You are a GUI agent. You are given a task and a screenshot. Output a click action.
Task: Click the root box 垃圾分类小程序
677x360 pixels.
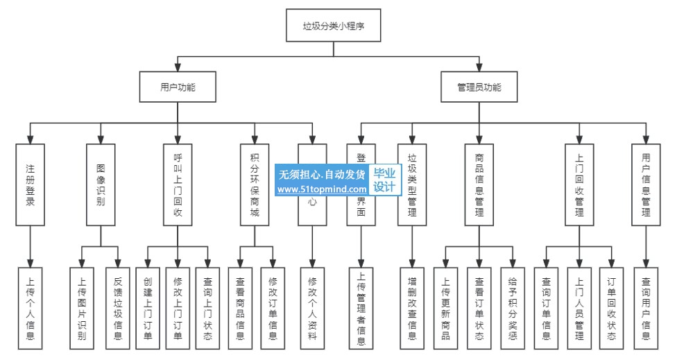pyautogui.click(x=334, y=27)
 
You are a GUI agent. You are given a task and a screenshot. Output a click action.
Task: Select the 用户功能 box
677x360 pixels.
pyautogui.click(x=178, y=88)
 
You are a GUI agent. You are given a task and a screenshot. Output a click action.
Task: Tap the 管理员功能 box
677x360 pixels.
pyautogui.click(x=479, y=88)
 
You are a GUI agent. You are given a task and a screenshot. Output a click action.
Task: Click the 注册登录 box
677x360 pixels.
pyautogui.click(x=30, y=185)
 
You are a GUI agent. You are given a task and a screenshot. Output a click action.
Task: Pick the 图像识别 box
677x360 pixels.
pyautogui.click(x=101, y=185)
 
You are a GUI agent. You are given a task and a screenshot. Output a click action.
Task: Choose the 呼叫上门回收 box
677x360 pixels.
pyautogui.click(x=178, y=185)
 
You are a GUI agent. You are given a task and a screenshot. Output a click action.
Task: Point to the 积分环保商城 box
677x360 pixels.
pyautogui.click(x=255, y=185)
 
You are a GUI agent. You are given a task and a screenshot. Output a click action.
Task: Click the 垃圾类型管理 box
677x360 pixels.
pyautogui.click(x=412, y=185)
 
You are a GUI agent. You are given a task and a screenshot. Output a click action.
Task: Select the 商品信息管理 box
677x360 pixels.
pyautogui.click(x=479, y=185)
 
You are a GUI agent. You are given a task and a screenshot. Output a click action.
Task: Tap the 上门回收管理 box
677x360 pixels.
pyautogui.click(x=579, y=185)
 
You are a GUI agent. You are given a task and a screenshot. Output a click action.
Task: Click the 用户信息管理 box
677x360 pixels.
pyautogui.click(x=646, y=185)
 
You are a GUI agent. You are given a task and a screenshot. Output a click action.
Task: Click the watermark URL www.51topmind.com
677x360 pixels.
pyautogui.click(x=323, y=189)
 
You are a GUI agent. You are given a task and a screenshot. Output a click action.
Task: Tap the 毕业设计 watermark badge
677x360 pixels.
pyautogui.click(x=384, y=180)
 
